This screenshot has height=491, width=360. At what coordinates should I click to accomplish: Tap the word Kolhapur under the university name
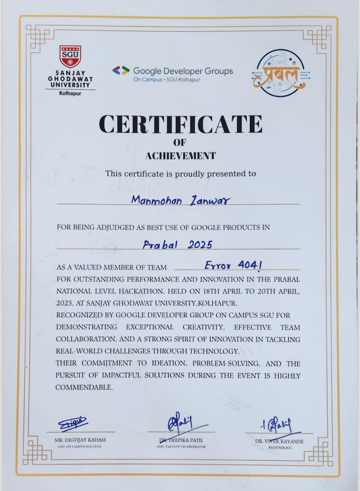tap(70, 93)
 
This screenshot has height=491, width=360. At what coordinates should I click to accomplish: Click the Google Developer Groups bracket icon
tap(121, 70)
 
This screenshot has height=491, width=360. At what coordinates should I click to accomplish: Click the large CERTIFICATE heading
tap(180, 124)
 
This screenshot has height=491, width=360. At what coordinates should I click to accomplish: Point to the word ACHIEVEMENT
tap(180, 156)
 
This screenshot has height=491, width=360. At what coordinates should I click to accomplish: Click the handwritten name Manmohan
tap(156, 200)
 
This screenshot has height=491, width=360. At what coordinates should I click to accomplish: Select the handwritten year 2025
tap(200, 245)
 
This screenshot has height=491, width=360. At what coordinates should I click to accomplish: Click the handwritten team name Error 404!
tap(233, 265)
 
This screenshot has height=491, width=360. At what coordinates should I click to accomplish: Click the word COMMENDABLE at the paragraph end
tap(84, 387)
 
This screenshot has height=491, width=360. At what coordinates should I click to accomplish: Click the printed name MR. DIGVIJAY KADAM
tap(80, 440)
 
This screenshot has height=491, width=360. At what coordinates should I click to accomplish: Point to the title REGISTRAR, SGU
tap(280, 448)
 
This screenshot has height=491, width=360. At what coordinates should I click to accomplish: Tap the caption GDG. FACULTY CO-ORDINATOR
tap(181, 447)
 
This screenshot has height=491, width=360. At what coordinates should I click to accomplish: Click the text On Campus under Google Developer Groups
tap(148, 80)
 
